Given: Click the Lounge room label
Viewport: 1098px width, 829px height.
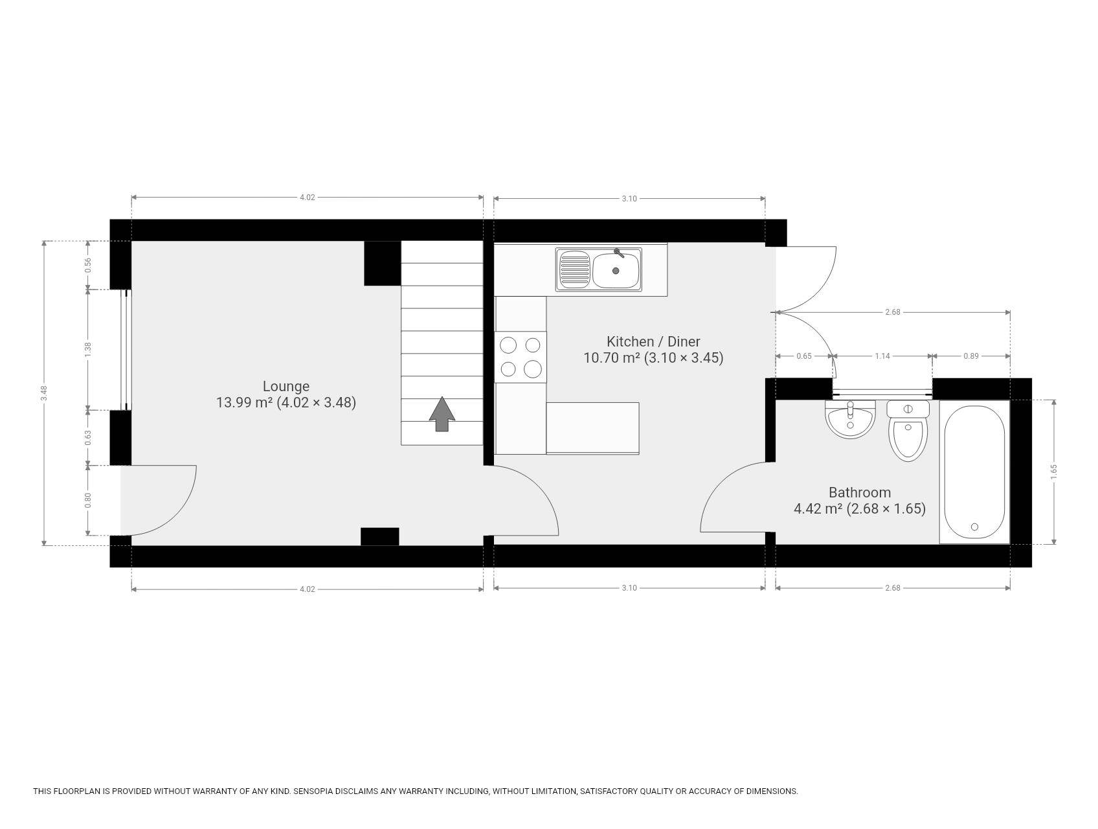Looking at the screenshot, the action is click(286, 387).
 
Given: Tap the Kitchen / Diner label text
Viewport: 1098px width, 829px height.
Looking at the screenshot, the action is click(653, 341).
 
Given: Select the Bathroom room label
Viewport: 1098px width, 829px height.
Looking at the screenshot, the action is click(860, 492).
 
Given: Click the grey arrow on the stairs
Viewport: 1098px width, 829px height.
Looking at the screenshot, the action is click(442, 414).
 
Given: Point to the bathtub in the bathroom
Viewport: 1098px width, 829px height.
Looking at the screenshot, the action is click(974, 472).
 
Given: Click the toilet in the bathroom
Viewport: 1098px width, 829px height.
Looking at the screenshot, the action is click(908, 431).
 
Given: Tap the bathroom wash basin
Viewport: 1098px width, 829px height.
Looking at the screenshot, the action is click(851, 419).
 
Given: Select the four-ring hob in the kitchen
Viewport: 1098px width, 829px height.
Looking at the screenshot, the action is click(521, 357).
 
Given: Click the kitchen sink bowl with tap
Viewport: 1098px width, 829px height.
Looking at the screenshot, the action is click(616, 269).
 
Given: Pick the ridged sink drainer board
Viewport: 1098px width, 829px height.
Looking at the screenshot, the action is click(574, 269).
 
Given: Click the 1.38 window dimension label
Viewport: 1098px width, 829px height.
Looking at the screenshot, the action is click(89, 350).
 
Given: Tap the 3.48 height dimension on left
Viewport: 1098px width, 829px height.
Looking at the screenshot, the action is click(44, 393).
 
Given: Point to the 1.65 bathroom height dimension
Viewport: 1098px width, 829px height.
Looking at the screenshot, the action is click(1054, 472).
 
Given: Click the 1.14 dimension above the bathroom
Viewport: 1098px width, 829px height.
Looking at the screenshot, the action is click(882, 356).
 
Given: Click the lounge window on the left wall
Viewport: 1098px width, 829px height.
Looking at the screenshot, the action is click(127, 350).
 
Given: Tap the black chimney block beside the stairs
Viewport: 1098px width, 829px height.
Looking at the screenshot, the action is click(383, 264).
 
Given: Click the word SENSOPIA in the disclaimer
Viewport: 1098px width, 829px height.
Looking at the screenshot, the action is click(319, 791).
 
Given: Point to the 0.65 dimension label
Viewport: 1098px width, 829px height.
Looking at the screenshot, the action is click(803, 356).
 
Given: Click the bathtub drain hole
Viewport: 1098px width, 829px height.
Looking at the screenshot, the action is click(974, 527).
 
